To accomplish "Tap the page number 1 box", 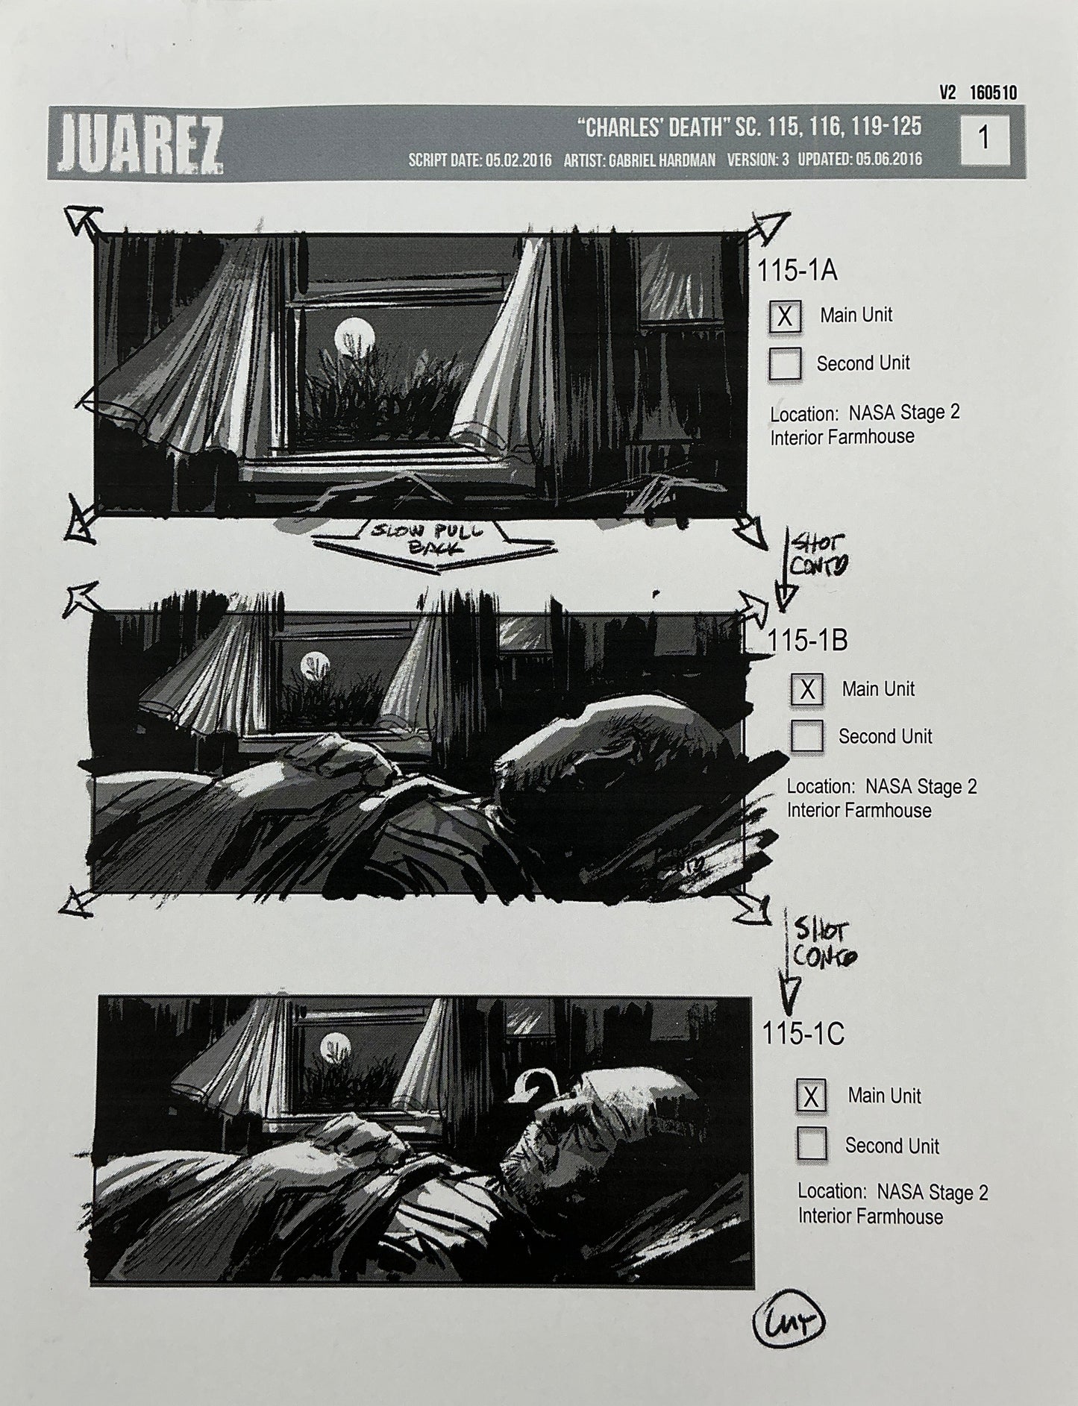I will [x=984, y=139].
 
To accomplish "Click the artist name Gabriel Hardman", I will [x=662, y=160].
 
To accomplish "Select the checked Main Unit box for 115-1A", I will [x=785, y=316].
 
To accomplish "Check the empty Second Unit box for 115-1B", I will [x=806, y=736].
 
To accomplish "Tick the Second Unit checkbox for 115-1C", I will [x=812, y=1143].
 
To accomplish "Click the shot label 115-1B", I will [x=808, y=641].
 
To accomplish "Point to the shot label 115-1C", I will [x=803, y=1034].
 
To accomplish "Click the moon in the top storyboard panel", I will [x=352, y=333].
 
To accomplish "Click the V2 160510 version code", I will [x=977, y=92].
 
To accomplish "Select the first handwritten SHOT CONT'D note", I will [x=809, y=556].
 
